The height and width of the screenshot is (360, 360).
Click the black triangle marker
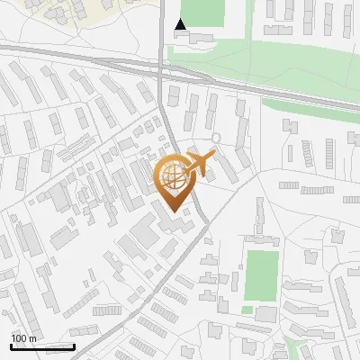pyautogui.click(x=181, y=24)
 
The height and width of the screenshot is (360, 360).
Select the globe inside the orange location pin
pyautogui.click(x=172, y=173)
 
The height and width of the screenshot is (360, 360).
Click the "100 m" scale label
pyautogui.click(x=23, y=338)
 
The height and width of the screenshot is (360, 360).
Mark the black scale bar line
pyautogui.click(x=42, y=346)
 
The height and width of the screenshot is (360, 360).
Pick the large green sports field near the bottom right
pyautogui.click(x=261, y=274)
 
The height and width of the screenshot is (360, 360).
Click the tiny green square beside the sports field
pyautogui.click(x=246, y=310)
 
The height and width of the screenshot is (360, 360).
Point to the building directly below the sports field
pyautogui.click(x=265, y=314)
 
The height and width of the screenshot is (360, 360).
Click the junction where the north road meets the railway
pyautogui.click(x=161, y=67)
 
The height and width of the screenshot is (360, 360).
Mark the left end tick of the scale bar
pyautogui.click(x=11, y=346)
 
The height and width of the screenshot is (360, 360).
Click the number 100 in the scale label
pyautogui.click(x=19, y=338)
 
